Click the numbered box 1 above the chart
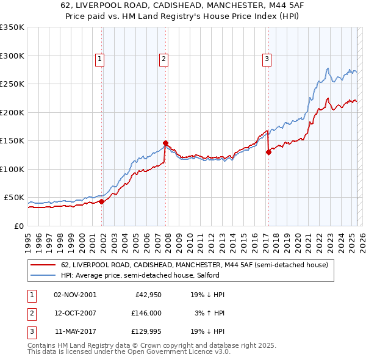pyautogui.click(x=99, y=59)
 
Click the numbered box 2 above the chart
pyautogui.click(x=164, y=59)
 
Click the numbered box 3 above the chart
pyautogui.click(x=267, y=59)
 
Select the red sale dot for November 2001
pyautogui.click(x=101, y=201)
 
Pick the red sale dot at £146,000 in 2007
pyautogui.click(x=165, y=143)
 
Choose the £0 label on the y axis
pyautogui.click(x=18, y=226)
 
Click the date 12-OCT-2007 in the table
pyautogui.click(x=75, y=313)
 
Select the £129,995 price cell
pyautogui.click(x=144, y=331)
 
